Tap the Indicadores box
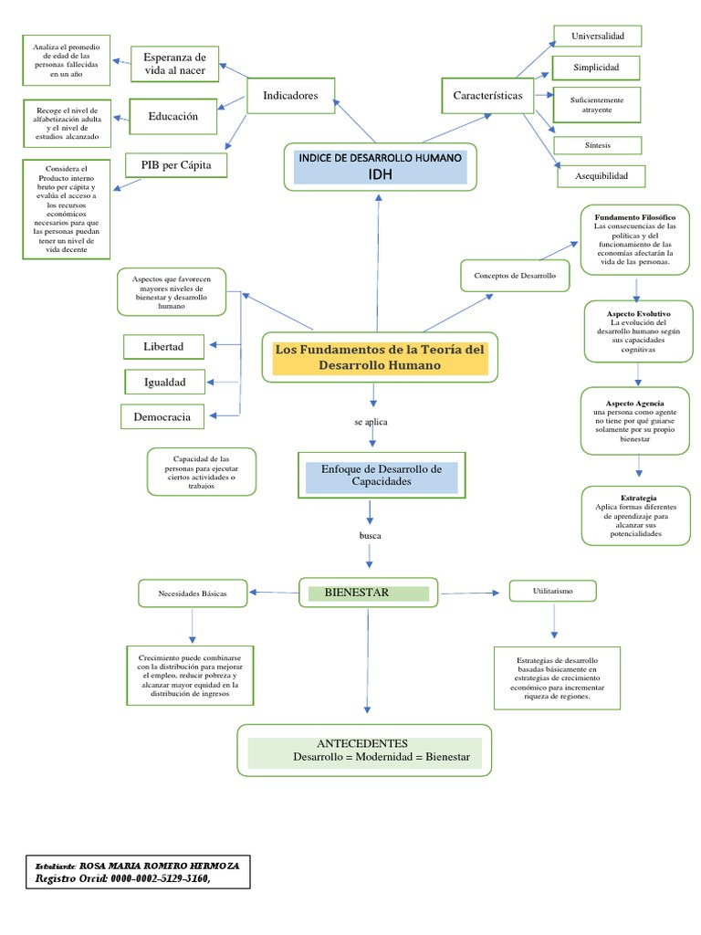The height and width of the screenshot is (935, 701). pos(290,96)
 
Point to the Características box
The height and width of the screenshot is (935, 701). pos(487,96)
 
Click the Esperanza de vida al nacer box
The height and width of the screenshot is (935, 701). pos(175,63)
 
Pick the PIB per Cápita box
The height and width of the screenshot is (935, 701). pos(175,166)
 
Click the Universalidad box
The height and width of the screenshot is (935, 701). pos(597,37)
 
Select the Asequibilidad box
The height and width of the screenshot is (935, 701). pos(602,176)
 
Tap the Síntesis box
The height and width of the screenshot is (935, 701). pos(597,145)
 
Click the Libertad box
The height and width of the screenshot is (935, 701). pos(163,347)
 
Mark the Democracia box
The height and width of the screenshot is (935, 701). pos(162,417)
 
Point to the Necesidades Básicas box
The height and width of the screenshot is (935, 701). pos(193,594)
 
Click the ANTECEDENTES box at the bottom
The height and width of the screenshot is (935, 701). pos(365,751)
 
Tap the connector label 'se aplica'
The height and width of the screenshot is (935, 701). pos(371,423)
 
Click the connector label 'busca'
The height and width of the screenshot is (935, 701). pos(371,534)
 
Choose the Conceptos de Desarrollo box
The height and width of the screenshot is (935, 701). pos(515,275)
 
